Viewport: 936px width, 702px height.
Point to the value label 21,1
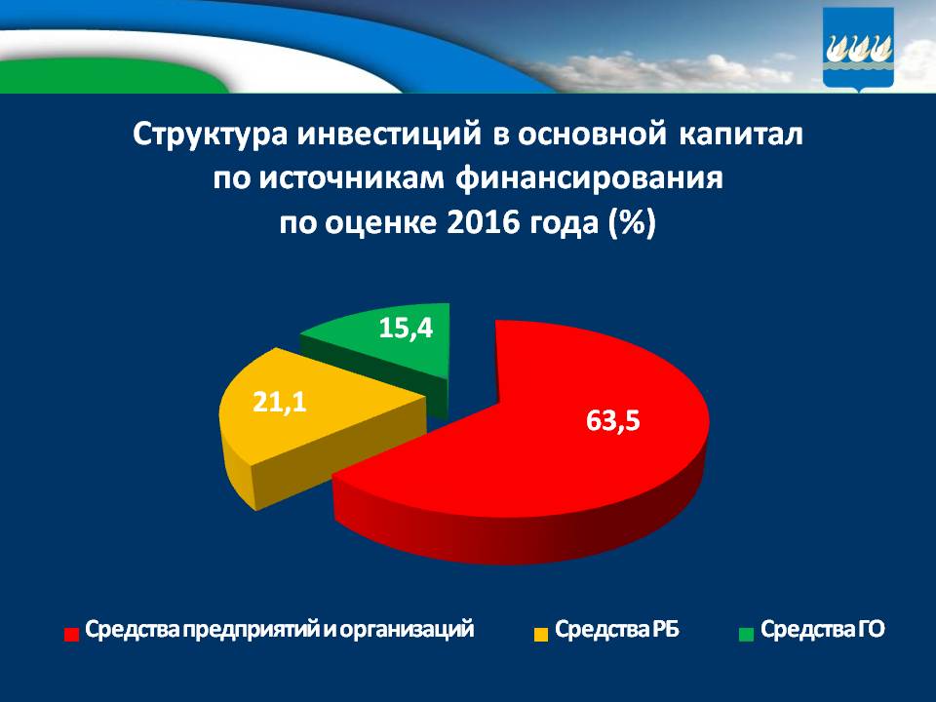pos(280,402)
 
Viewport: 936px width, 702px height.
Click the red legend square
pos(71,634)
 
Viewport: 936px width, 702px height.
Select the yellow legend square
pos(539,634)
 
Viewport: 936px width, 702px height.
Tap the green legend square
pos(746,634)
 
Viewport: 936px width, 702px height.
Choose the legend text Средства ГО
pos(823,630)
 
